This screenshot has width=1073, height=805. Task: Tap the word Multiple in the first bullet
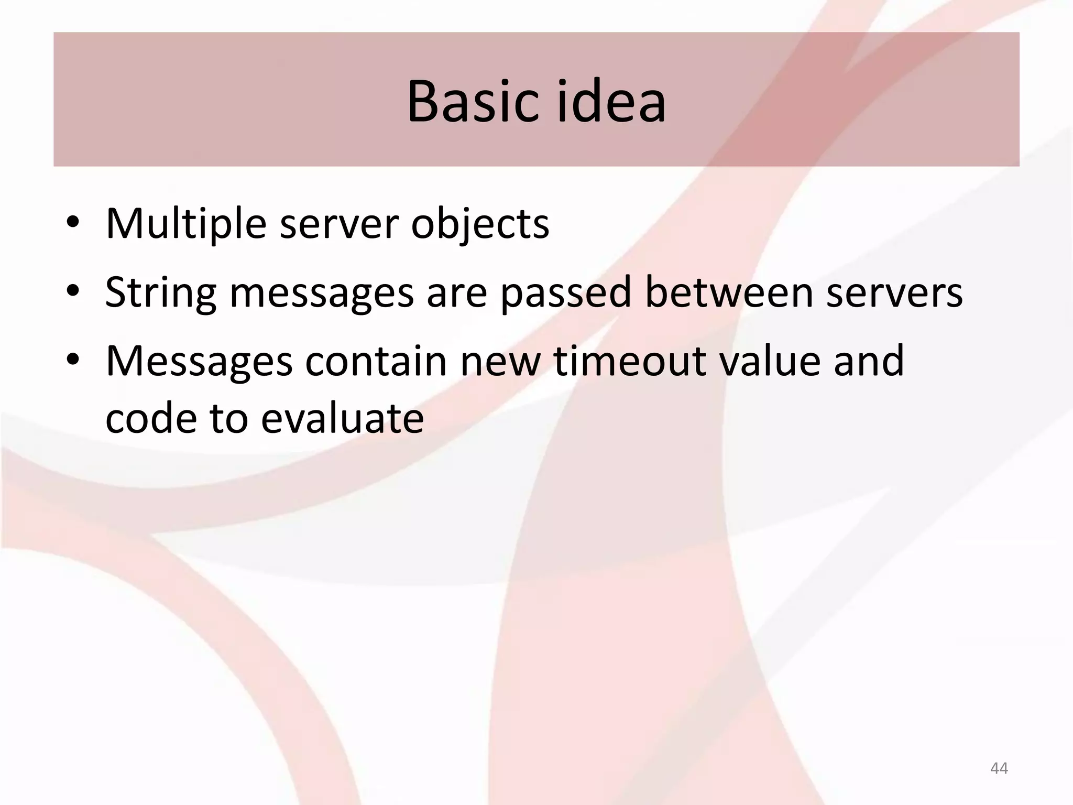186,224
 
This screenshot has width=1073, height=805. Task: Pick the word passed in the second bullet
566,293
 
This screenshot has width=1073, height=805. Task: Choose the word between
729,292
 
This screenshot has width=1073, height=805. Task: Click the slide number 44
999,768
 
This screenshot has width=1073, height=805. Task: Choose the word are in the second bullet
457,293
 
